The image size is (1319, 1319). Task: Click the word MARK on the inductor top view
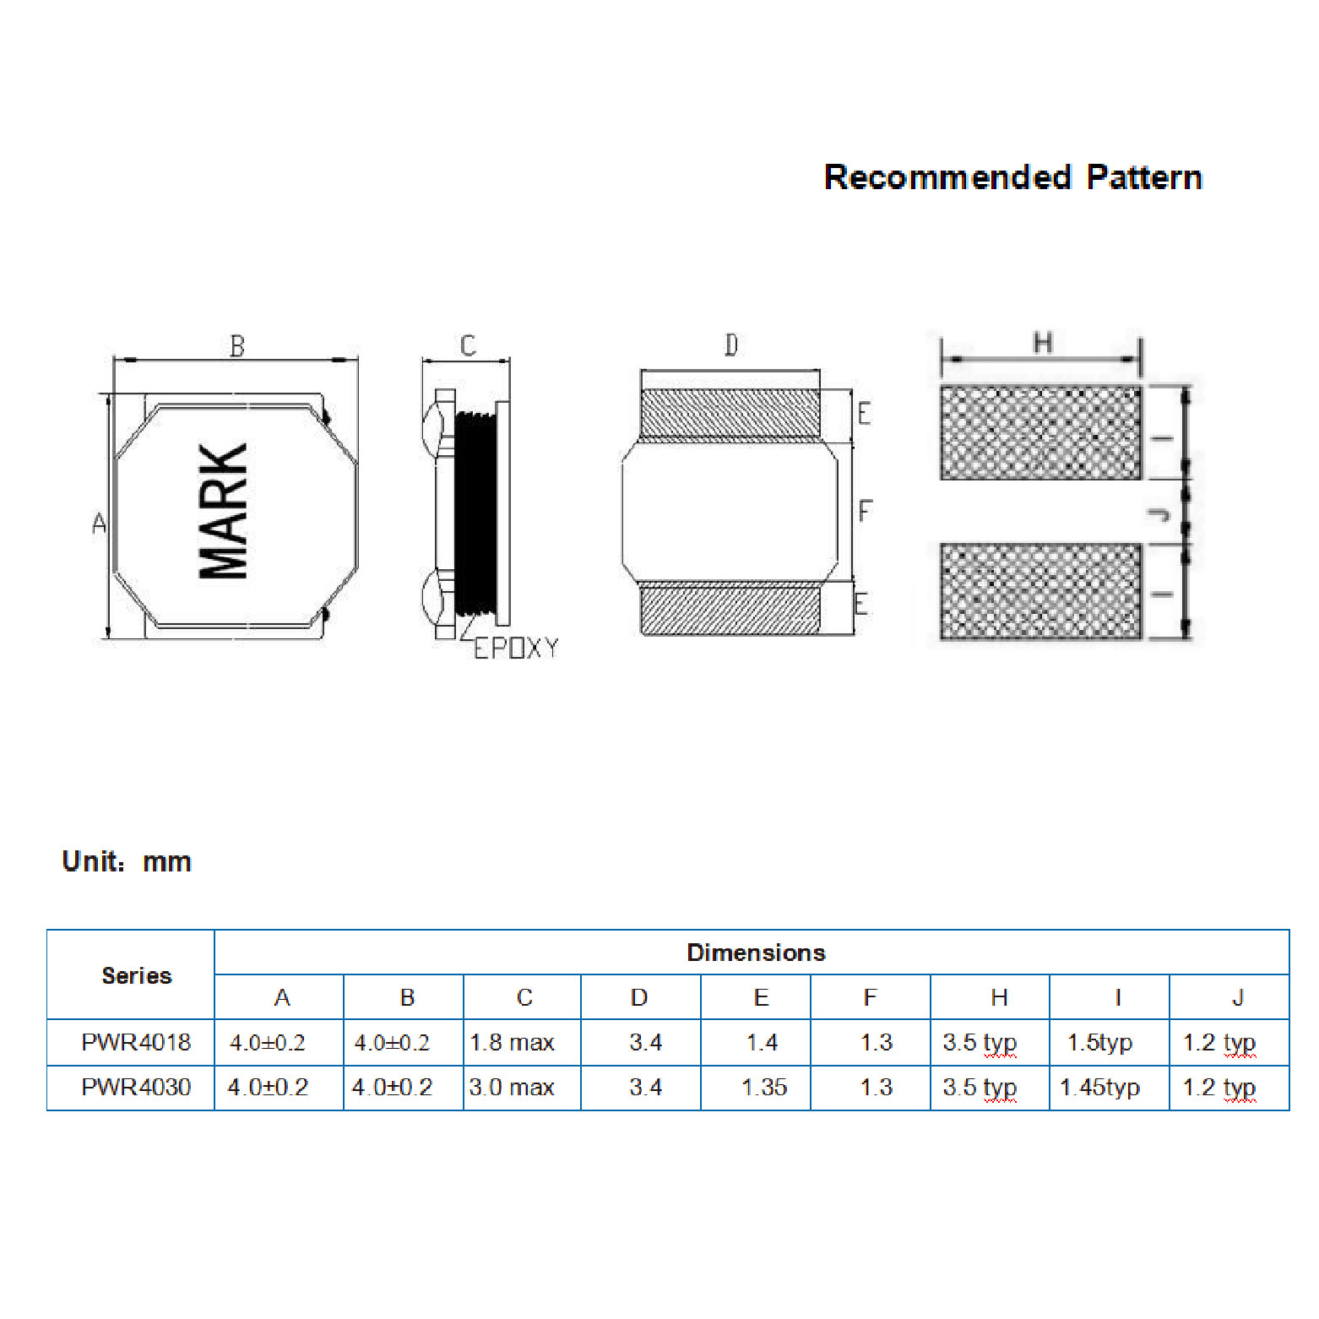(x=224, y=511)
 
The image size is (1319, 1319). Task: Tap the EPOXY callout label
(x=515, y=649)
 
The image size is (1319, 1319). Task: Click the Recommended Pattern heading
(x=1012, y=177)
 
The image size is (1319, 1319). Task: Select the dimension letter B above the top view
(x=237, y=346)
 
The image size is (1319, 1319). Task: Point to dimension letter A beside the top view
(x=99, y=524)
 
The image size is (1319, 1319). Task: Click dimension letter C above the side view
(x=468, y=345)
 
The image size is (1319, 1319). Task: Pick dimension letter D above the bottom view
(x=731, y=345)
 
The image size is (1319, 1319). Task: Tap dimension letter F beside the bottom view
(x=865, y=511)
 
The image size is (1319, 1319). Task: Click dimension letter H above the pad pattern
(x=1043, y=343)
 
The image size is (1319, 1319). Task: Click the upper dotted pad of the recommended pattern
(x=1040, y=432)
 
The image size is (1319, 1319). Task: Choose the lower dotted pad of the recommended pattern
(x=1040, y=591)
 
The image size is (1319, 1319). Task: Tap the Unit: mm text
(x=127, y=861)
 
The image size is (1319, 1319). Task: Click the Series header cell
(x=136, y=975)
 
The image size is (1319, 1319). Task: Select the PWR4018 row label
(x=136, y=1042)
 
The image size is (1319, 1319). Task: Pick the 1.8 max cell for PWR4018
(x=512, y=1042)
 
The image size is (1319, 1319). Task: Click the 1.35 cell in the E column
(x=763, y=1087)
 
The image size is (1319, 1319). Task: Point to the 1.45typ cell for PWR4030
(x=1099, y=1087)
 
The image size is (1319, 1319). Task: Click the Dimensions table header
(x=756, y=953)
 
